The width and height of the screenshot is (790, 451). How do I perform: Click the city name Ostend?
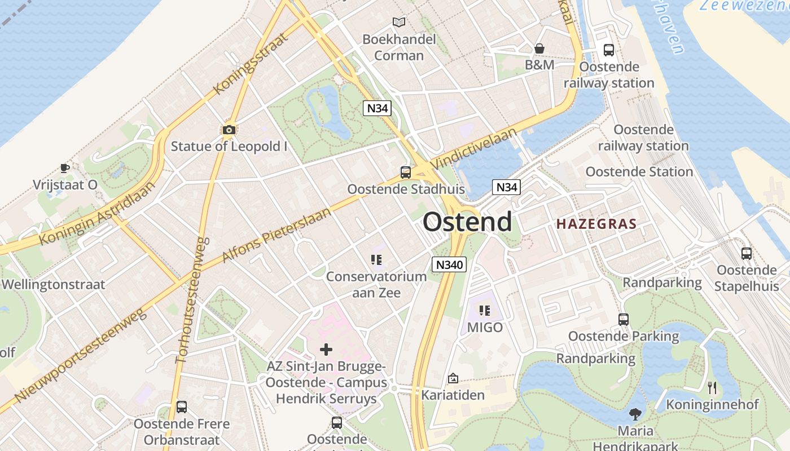coord(467,222)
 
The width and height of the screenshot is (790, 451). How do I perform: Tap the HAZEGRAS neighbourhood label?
coord(596,224)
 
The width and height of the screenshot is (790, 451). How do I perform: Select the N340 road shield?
coord(449,264)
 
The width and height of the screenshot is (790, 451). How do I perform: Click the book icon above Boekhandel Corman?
coord(399,22)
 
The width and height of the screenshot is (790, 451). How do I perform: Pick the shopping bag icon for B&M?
coord(539,48)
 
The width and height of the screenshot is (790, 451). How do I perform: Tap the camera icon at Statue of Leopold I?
coord(229,130)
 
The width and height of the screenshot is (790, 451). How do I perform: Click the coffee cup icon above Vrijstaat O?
coord(65,168)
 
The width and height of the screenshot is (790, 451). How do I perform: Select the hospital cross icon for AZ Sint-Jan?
coord(326,350)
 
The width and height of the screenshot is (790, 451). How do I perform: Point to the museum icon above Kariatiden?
coord(453,378)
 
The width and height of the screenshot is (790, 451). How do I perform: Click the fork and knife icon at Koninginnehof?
coord(712,387)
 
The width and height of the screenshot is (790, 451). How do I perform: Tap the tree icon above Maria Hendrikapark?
coord(635,414)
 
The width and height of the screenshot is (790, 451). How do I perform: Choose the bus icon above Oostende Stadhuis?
coord(405,173)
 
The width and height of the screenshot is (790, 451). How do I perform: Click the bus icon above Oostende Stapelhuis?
coord(747,254)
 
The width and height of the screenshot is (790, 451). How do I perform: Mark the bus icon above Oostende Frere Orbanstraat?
coord(181,406)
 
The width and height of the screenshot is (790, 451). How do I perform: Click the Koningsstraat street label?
coord(251,64)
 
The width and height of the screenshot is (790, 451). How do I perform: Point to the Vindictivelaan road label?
coord(474,148)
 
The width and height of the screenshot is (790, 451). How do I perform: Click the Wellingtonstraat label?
coord(54,284)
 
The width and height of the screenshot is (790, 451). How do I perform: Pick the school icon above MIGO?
coord(485,310)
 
